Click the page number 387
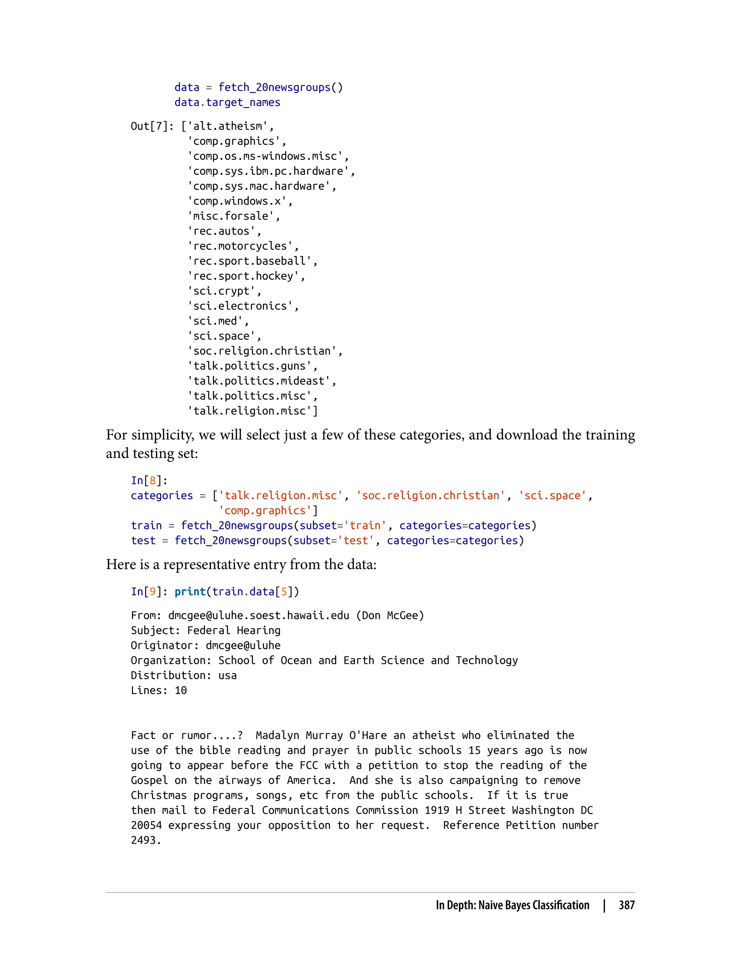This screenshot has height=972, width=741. click(x=626, y=905)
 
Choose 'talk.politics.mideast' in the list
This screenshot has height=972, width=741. click(x=259, y=381)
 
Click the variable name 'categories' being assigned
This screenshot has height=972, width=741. click(x=162, y=496)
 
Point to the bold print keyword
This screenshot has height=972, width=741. click(x=190, y=592)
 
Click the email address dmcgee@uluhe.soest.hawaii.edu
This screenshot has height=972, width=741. click(x=258, y=616)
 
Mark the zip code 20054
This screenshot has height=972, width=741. click(x=146, y=826)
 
